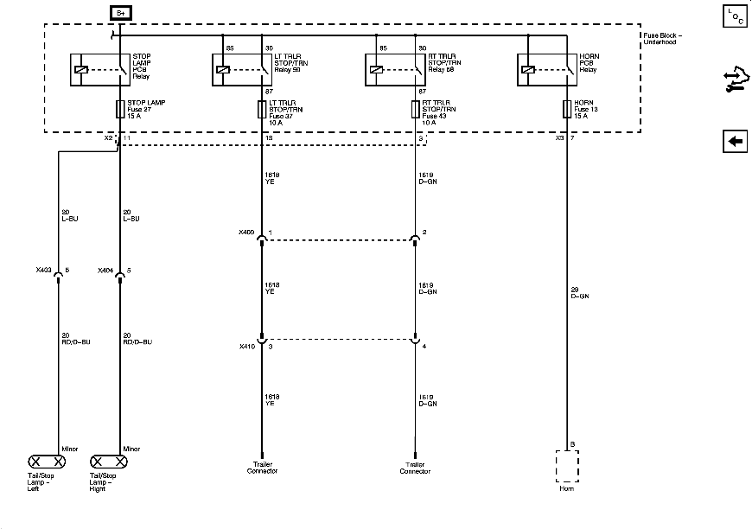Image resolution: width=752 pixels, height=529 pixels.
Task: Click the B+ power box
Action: (119, 12)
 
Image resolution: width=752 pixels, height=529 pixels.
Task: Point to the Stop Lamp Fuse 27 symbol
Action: (119, 109)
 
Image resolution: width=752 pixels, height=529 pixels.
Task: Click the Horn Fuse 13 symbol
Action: (567, 109)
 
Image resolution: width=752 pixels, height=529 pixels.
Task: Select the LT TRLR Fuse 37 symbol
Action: (261, 109)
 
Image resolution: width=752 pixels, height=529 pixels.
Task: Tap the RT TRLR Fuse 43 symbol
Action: (415, 109)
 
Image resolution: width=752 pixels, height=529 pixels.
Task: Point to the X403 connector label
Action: (42, 271)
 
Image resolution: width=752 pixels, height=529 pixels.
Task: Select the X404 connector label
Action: (105, 271)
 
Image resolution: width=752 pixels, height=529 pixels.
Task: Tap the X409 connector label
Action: (246, 232)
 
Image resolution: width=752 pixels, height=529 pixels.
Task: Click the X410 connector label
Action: (246, 346)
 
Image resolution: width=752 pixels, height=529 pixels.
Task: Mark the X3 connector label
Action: (559, 138)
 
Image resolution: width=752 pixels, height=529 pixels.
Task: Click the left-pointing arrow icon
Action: (735, 142)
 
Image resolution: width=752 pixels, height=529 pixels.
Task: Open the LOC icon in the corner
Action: (735, 16)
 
